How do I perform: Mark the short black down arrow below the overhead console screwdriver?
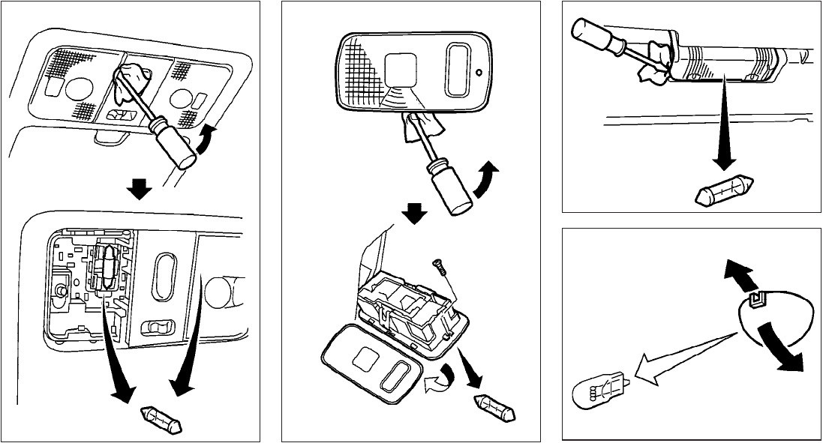point(137,190)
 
